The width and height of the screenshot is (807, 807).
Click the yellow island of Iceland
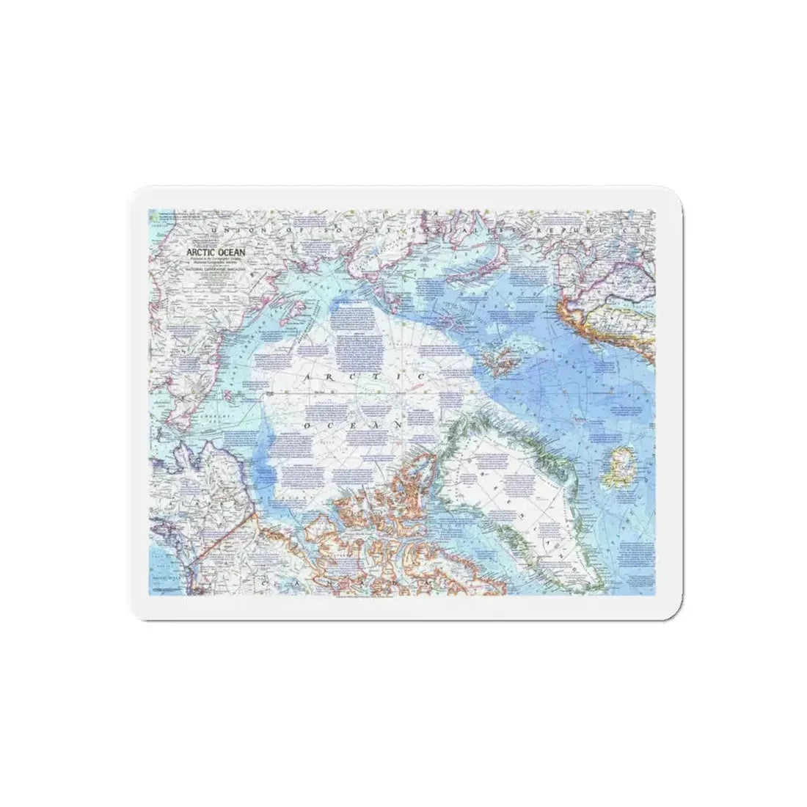[x=618, y=468]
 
